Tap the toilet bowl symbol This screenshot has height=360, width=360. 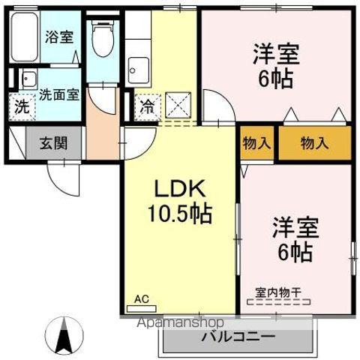(x=100, y=37)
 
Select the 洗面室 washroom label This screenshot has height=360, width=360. (x=58, y=94)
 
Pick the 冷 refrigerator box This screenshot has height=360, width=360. (x=148, y=106)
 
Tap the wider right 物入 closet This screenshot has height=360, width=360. (x=314, y=142)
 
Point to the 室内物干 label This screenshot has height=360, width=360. (x=278, y=292)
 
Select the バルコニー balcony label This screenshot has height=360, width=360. (x=238, y=337)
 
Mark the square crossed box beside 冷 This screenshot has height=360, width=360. (x=178, y=103)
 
